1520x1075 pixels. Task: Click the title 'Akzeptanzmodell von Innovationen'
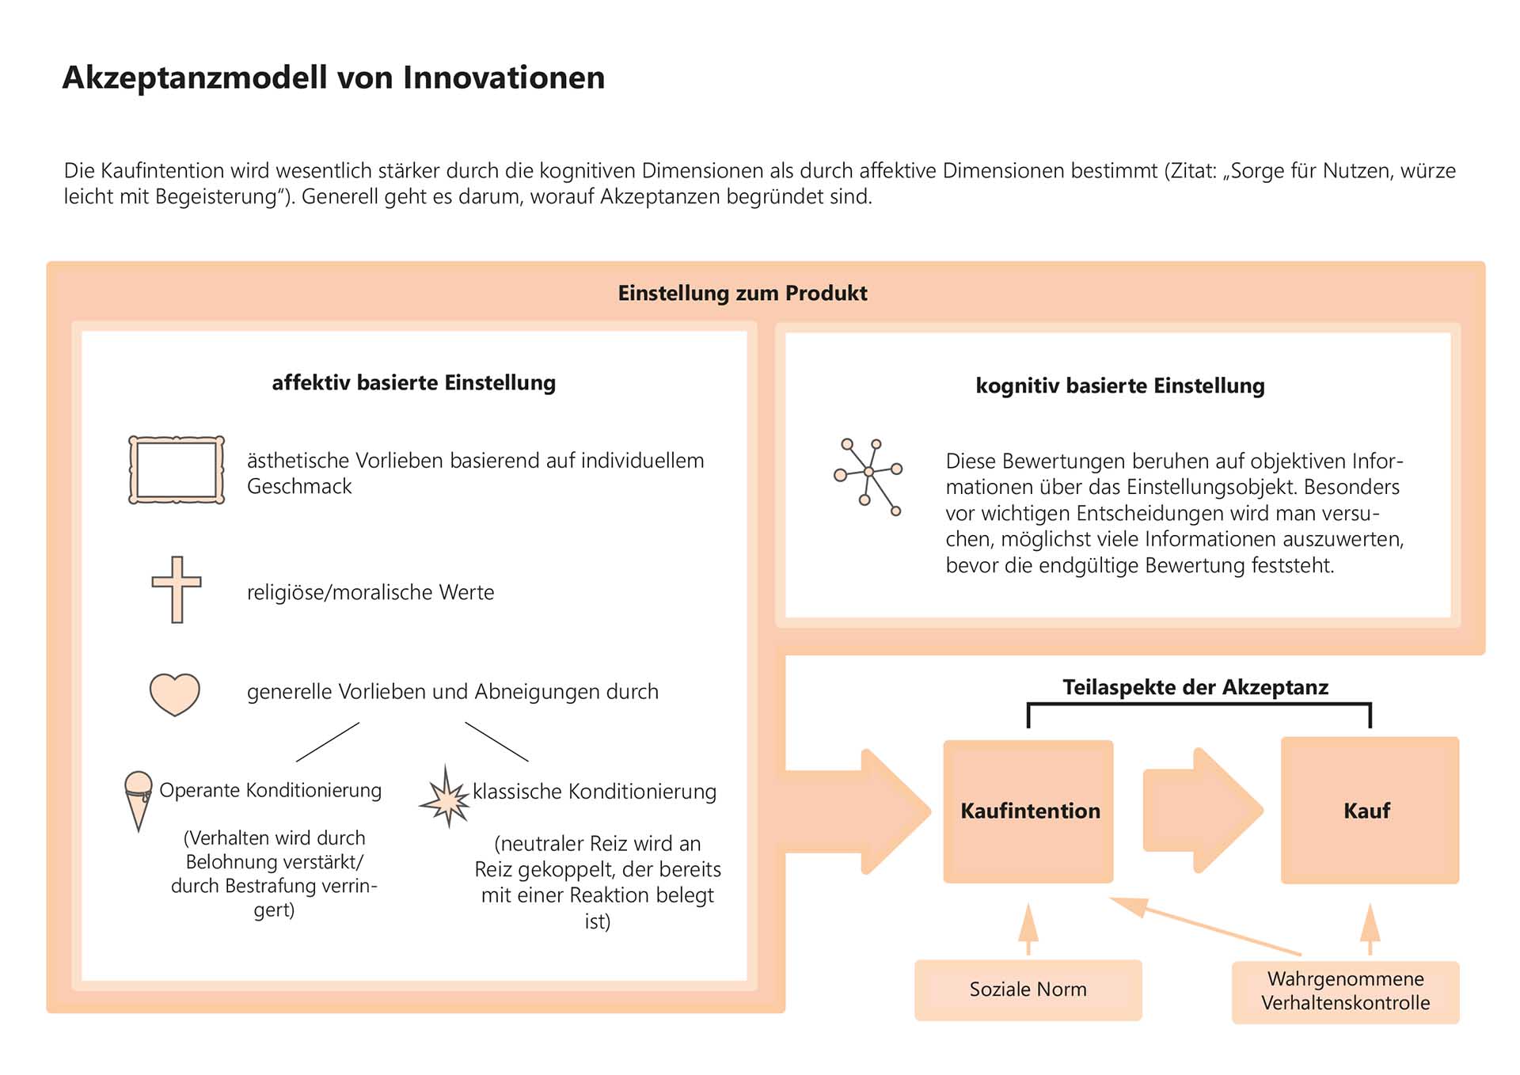coord(333,78)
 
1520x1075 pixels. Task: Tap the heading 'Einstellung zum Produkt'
coord(742,294)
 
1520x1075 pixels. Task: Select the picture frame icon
coord(177,470)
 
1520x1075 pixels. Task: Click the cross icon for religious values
coord(177,589)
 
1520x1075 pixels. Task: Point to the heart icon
coord(175,694)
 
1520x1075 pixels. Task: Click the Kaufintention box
coord(1028,811)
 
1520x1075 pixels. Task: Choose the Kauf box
coord(1369,811)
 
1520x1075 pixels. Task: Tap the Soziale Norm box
coord(1028,990)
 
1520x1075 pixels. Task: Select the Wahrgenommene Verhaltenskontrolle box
coord(1345,991)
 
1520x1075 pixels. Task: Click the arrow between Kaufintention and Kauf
coord(1201,811)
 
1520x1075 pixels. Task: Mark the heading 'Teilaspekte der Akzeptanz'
coord(1195,687)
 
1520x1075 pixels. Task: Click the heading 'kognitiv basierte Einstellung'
coord(1119,386)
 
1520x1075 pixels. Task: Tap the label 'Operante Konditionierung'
coord(270,791)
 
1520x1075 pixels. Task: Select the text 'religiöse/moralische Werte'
coord(370,593)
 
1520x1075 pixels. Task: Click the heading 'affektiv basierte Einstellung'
coord(413,383)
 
